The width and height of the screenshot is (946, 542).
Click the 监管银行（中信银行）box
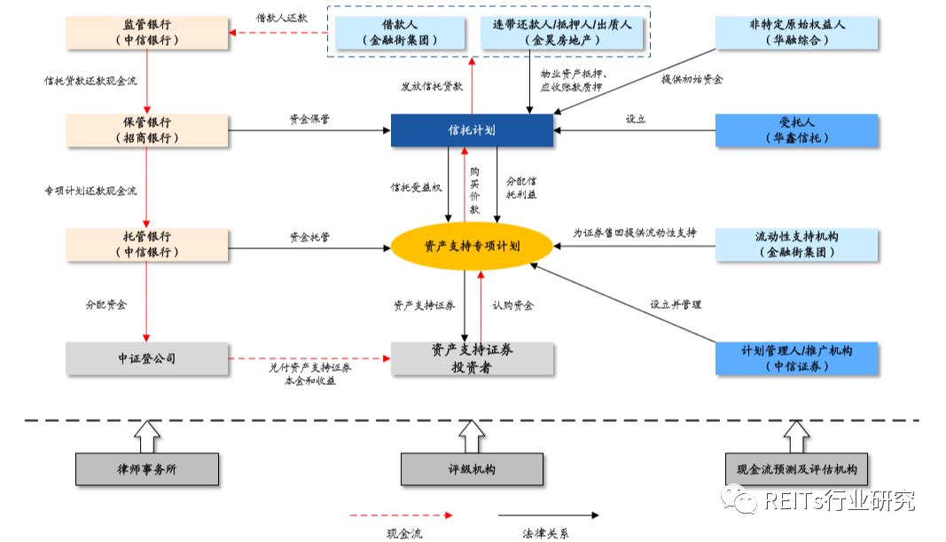(147, 32)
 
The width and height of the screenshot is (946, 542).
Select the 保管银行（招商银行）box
(147, 130)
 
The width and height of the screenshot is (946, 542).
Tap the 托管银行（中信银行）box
(147, 245)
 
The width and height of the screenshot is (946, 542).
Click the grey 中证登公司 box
(147, 358)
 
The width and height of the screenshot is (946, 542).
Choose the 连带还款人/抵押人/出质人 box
(563, 32)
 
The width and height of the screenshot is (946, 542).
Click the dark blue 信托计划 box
(472, 130)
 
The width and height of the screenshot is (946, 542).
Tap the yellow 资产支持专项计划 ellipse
(472, 246)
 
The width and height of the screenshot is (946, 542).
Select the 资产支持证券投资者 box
(473, 358)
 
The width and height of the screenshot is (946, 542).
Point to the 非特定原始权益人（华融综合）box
(797, 32)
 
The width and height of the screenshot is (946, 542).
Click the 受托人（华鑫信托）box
(797, 130)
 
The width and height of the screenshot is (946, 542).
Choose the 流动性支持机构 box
(797, 245)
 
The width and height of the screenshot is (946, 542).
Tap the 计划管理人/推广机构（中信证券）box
(797, 358)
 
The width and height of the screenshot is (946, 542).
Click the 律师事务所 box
(147, 469)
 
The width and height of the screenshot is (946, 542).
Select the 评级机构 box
(472, 469)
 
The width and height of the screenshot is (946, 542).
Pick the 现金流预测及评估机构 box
(797, 469)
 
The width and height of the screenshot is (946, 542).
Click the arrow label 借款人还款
(281, 17)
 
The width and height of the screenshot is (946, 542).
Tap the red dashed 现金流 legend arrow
(401, 515)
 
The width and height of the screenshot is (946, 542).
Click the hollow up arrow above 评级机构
(472, 436)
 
